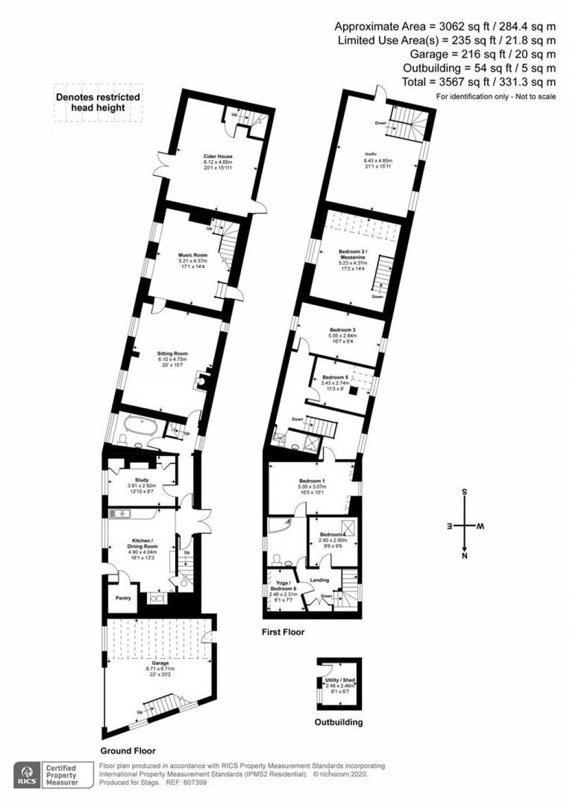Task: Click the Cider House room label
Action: coord(218,156)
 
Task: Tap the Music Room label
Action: coord(193,255)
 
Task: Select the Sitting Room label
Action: coord(173,353)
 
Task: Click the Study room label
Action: coord(141,480)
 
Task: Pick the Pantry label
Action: coord(123,599)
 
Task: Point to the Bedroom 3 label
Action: coord(342,330)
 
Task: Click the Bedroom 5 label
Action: coord(335,377)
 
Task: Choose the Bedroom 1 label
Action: coord(312,481)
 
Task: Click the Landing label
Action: coord(320,580)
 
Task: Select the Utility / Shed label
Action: coord(340,680)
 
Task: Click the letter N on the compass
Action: coord(465,555)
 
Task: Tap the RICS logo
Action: coord(26,774)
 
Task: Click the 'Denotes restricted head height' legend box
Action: coord(98,102)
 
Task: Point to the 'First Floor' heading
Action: coord(283,632)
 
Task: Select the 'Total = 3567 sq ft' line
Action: coord(479,82)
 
